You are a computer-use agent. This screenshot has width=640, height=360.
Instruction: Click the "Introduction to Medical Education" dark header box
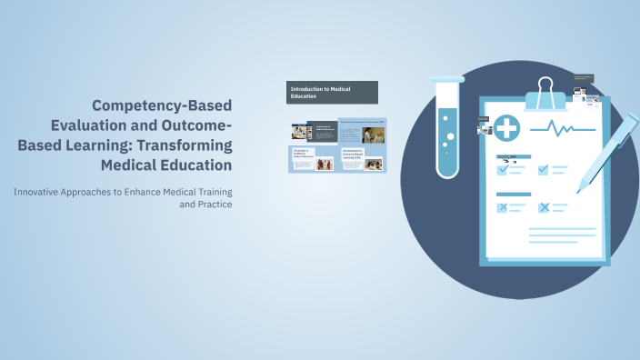[332, 92]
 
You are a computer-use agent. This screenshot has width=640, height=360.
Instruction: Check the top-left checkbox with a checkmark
[503, 168]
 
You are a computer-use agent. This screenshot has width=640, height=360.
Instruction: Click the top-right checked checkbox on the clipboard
[544, 168]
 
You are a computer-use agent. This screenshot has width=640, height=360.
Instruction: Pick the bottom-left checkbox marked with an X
[503, 207]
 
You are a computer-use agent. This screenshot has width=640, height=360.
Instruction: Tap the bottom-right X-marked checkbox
[544, 207]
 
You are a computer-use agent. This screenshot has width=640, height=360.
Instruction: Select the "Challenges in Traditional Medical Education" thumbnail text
[303, 155]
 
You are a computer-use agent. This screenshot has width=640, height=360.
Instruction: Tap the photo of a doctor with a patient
[374, 135]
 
